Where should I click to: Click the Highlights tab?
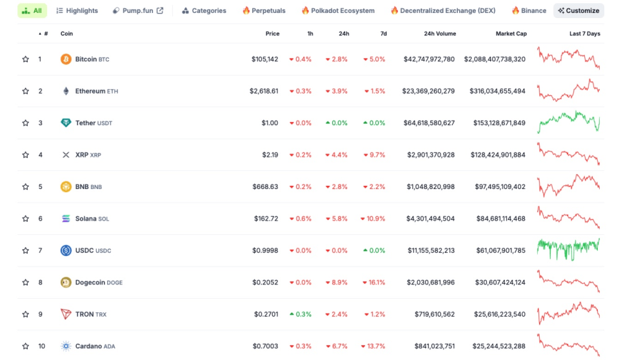point(77,11)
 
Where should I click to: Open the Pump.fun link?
point(138,11)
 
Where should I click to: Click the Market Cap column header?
point(511,34)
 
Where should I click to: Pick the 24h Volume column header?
point(440,34)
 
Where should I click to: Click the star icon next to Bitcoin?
point(26,59)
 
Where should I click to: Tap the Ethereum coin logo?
point(66,91)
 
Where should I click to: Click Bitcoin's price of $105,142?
point(264,59)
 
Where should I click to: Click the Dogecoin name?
point(90,283)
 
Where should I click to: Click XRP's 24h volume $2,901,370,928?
point(431,155)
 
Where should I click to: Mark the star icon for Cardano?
point(26,346)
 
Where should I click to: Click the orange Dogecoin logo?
point(66,283)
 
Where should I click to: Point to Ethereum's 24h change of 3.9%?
point(337,91)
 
